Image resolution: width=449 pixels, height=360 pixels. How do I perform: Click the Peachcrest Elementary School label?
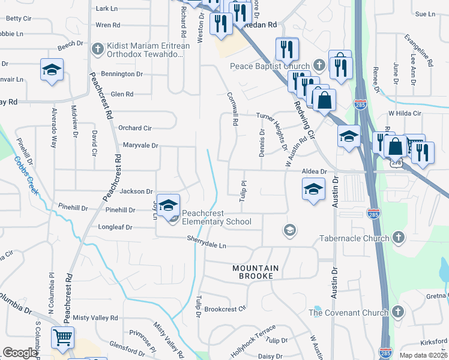tap(216, 217)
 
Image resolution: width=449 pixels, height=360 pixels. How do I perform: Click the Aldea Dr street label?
tap(314, 171)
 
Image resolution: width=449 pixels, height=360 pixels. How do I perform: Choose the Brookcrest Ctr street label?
tap(225, 309)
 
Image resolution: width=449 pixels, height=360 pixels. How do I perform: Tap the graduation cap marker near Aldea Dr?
tap(312, 190)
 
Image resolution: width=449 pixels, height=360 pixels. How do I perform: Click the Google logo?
tap(20, 353)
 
